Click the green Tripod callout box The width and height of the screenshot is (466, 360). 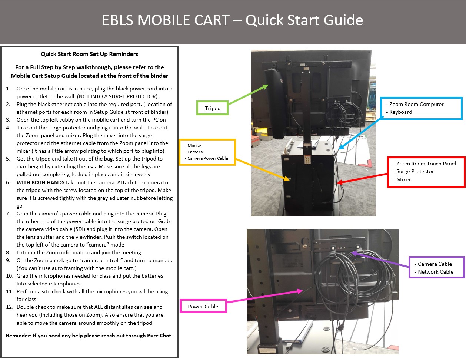click(x=212, y=108)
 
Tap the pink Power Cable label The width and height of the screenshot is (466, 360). click(x=203, y=307)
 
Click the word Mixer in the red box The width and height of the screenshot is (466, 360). click(x=403, y=179)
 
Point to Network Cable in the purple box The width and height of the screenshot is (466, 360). click(x=436, y=272)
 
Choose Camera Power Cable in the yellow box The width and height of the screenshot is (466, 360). click(x=207, y=158)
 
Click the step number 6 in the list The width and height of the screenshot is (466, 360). click(x=8, y=182)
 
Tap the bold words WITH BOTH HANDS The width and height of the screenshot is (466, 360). click(x=40, y=182)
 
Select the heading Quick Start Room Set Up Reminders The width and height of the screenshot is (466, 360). click(x=89, y=54)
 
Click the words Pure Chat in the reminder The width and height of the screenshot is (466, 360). click(x=159, y=336)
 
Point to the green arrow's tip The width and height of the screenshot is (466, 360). click(x=267, y=85)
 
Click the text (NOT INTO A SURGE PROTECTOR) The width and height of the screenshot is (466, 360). click(x=118, y=96)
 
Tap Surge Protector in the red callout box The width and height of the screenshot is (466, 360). click(x=415, y=171)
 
